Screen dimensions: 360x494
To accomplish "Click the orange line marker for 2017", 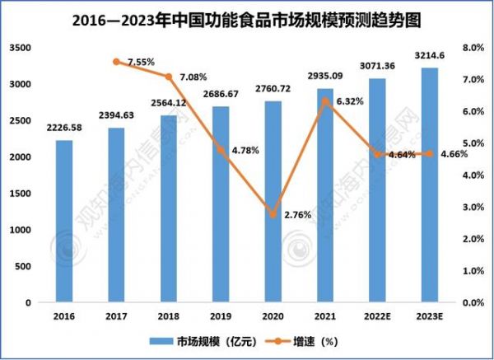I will click(116, 62).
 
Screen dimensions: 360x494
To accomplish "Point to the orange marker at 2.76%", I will click(273, 214).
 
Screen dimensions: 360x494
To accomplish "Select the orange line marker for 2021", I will click(325, 101).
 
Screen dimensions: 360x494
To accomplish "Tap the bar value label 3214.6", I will click(429, 55).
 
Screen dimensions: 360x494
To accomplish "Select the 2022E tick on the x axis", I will click(377, 315).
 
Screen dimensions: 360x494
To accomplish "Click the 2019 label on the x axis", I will click(221, 315).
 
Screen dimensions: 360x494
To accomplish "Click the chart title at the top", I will click(247, 17).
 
